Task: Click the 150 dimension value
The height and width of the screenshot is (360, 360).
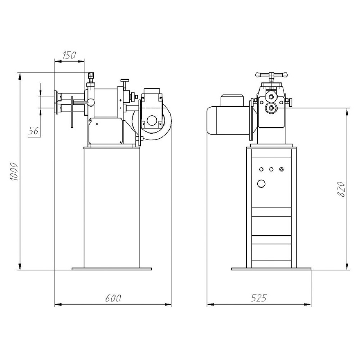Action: [69, 55]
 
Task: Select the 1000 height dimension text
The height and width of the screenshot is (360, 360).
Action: [14, 171]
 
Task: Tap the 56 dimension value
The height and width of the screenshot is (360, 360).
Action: [33, 131]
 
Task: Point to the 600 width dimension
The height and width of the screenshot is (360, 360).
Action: [113, 298]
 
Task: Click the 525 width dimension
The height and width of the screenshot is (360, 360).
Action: [259, 298]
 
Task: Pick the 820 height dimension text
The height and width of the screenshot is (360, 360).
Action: [341, 189]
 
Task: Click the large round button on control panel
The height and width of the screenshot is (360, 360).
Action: [261, 184]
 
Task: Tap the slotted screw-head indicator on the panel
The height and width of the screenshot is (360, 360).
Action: [282, 170]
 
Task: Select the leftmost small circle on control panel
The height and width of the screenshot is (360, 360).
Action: [261, 170]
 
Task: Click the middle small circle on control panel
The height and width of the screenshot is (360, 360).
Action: [271, 170]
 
